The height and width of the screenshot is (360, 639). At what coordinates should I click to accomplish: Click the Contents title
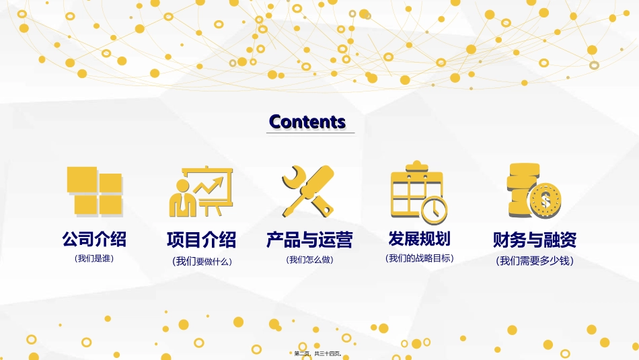pyautogui.click(x=307, y=122)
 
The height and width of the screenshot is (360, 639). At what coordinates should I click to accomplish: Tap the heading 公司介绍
pyautogui.click(x=94, y=239)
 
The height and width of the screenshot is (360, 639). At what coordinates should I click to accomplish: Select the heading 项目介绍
pyautogui.click(x=201, y=240)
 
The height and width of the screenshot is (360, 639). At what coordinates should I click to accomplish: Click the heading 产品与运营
pyautogui.click(x=309, y=240)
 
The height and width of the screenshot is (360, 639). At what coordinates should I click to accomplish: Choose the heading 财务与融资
pyautogui.click(x=535, y=240)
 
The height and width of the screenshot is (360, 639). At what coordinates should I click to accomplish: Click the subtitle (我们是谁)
pyautogui.click(x=94, y=258)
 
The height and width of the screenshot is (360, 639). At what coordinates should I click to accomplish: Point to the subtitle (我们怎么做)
pyautogui.click(x=310, y=260)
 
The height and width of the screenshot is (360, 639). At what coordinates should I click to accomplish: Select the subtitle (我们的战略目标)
pyautogui.click(x=420, y=258)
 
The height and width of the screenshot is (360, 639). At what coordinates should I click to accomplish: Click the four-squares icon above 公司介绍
pyautogui.click(x=94, y=191)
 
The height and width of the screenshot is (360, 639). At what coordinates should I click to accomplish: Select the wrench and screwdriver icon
pyautogui.click(x=307, y=191)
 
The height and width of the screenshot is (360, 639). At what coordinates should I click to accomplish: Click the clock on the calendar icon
pyautogui.click(x=435, y=209)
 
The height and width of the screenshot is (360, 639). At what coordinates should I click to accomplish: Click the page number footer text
pyautogui.click(x=319, y=353)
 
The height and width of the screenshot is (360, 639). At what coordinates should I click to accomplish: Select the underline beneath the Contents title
pyautogui.click(x=310, y=133)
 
